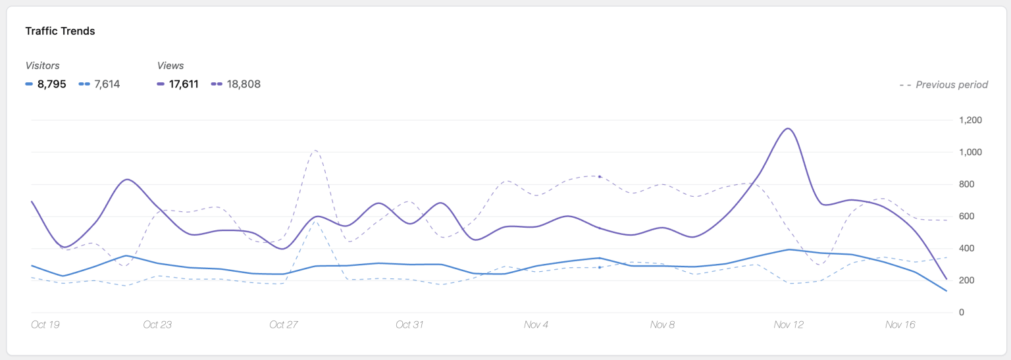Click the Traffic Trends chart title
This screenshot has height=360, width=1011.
pos(60,31)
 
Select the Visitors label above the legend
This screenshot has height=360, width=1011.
pos(42,66)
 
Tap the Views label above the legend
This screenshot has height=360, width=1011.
pos(170,66)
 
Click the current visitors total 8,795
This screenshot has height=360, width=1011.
pos(51,84)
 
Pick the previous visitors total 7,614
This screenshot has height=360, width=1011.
pos(107,84)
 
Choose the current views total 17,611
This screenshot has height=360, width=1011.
pos(184,84)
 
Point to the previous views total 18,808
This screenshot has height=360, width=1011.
pos(244,84)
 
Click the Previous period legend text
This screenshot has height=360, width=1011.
pos(951,85)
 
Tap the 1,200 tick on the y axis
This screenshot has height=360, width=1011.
pos(970,120)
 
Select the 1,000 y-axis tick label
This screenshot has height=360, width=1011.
pos(970,152)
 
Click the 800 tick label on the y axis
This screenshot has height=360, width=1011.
pos(967,184)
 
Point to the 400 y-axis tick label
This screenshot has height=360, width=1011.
pos(967,248)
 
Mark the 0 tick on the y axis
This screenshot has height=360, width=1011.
pos(962,312)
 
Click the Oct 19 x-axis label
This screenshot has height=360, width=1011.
pos(45,324)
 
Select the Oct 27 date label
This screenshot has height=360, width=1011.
pos(284,324)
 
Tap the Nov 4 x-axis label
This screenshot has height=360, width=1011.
pos(536,324)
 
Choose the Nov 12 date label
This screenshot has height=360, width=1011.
pos(789,324)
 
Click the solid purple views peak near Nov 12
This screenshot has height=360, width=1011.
pos(787,128)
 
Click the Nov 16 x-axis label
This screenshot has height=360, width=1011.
pos(900,324)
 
